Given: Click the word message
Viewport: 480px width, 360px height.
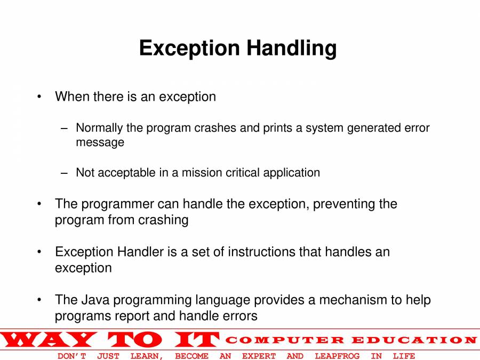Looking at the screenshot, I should tap(100, 142).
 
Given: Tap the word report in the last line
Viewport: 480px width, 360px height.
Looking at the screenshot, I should tap(132, 316).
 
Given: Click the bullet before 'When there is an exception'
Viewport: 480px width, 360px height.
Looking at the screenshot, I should tap(39, 97).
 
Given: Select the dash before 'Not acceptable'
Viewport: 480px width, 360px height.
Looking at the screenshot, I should tap(65, 173).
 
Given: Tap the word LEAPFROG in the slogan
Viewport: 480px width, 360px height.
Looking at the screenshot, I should tap(337, 356).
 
